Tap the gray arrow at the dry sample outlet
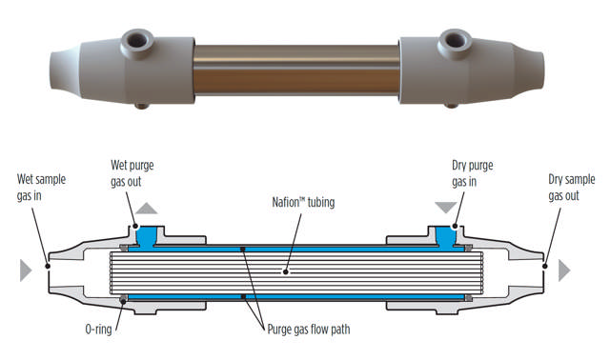pos(564,270)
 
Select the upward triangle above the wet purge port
pos(149,207)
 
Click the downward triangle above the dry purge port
pos(445,207)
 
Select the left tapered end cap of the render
pos(71,65)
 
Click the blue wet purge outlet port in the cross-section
pos(149,233)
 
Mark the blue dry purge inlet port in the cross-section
pos(445,233)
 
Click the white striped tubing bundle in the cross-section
pos(295,271)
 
